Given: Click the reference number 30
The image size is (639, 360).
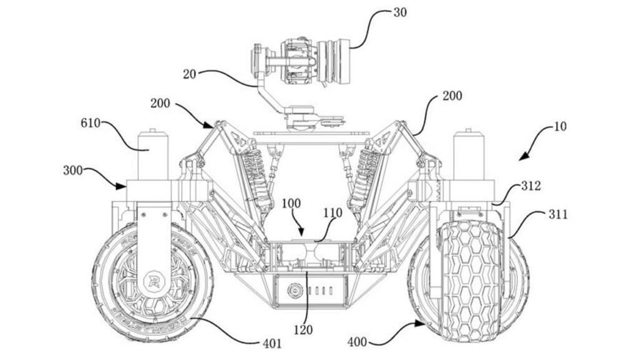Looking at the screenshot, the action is [x=400, y=12].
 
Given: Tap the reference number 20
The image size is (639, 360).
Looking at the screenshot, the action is [x=189, y=74].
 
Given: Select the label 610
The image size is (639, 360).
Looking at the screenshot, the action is [x=90, y=122].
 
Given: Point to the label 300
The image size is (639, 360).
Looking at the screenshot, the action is [x=73, y=170].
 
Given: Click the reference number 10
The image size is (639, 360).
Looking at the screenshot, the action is [x=560, y=127].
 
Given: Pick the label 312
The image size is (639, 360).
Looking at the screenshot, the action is [x=531, y=186].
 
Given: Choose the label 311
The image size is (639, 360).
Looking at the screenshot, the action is [x=557, y=214].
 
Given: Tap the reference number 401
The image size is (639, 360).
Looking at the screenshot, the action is [x=272, y=344].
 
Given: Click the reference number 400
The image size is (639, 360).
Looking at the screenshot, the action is [x=358, y=342].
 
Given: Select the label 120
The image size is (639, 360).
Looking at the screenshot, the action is [x=303, y=329].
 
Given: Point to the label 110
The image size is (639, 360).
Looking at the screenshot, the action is [x=333, y=213].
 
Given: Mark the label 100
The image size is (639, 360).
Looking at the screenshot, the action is [x=291, y=203].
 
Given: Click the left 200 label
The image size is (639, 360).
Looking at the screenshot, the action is [x=160, y=103].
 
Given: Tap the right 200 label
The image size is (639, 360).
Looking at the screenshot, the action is [x=452, y=96].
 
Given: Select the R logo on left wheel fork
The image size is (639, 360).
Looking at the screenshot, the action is [x=154, y=281].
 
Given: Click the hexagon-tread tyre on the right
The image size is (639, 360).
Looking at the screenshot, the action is [x=469, y=281].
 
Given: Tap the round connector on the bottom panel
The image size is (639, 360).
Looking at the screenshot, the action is [x=293, y=291].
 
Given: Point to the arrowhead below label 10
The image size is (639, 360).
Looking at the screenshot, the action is [x=524, y=155].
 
